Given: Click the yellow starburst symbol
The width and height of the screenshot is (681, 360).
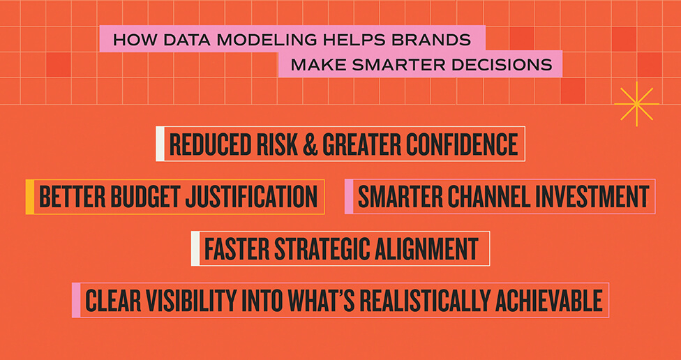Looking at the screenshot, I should coord(636,104).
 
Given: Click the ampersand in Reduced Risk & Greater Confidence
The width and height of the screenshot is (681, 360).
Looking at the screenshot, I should coord(311,144).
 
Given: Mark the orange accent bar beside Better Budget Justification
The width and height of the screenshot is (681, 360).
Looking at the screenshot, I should coord(29,197).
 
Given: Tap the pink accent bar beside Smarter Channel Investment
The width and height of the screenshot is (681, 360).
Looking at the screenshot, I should coord(349,197).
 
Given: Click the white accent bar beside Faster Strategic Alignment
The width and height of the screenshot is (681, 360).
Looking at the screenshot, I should coord(195,249).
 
